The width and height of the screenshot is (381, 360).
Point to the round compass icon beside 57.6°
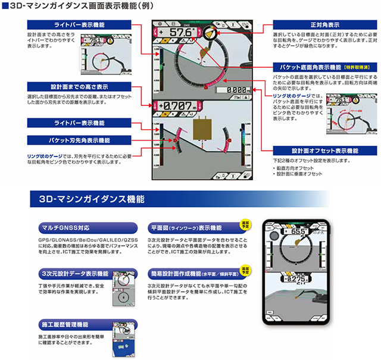click(x=209, y=33)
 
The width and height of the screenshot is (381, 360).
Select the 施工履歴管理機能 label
click(x=65, y=325)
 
